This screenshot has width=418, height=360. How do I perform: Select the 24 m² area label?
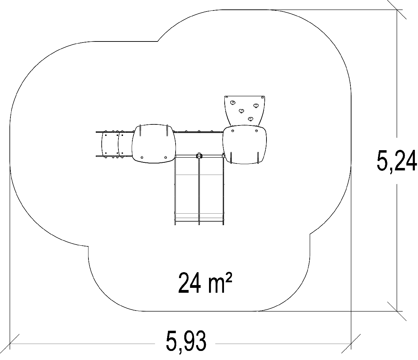(205, 283)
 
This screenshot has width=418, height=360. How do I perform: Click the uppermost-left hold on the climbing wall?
(233, 103)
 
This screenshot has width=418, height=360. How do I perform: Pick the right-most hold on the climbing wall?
(256, 106)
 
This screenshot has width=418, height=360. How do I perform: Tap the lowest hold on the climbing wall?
(250, 119)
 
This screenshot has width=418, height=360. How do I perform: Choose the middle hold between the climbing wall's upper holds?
(241, 111)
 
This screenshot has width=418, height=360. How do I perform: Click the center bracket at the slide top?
(199, 156)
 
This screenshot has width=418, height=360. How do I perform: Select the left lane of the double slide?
(187, 190)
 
